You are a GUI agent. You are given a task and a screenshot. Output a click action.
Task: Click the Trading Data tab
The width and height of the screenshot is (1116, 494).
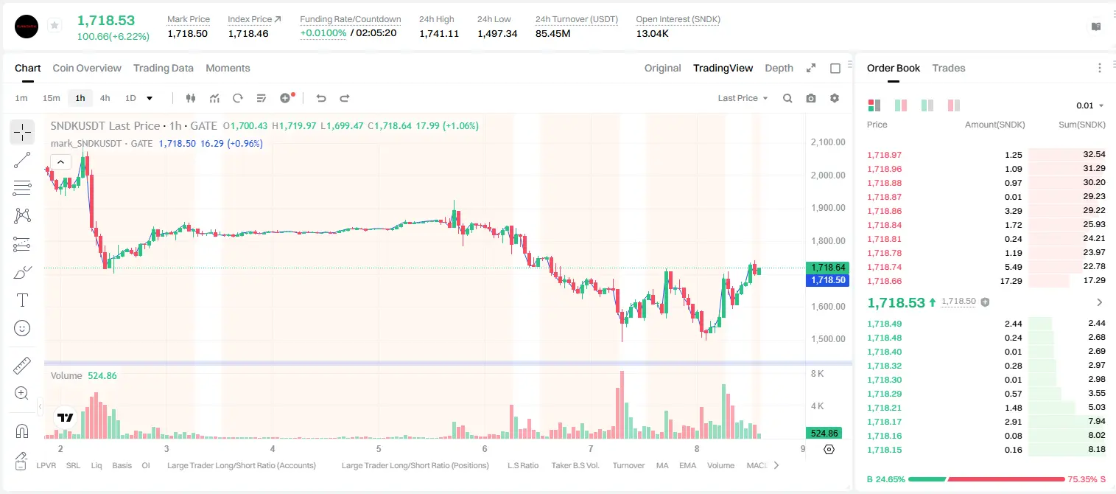click(x=163, y=69)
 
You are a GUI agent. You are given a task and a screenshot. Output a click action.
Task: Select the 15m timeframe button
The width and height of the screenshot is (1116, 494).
click(x=51, y=98)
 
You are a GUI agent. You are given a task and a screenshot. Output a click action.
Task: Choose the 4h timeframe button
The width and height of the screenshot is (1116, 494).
click(x=105, y=98)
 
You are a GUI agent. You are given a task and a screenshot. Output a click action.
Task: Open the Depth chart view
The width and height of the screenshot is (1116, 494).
click(x=779, y=69)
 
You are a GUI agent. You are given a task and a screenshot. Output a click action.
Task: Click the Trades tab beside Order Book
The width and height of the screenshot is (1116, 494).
click(x=949, y=69)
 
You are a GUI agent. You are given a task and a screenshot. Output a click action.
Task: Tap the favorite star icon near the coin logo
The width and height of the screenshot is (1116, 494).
click(x=55, y=25)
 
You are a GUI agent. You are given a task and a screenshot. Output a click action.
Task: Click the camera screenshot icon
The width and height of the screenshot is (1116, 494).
click(x=811, y=98)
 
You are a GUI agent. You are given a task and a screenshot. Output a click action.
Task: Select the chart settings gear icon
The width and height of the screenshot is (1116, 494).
click(x=835, y=98)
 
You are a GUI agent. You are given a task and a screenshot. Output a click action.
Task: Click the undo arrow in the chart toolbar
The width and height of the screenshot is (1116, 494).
click(x=321, y=98)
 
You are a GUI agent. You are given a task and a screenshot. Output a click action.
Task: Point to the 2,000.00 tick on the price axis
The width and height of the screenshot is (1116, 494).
click(x=828, y=175)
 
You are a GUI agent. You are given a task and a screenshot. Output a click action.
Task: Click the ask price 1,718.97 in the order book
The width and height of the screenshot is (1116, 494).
click(x=885, y=155)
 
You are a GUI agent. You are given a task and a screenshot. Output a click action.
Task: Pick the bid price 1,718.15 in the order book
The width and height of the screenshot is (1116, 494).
click(x=885, y=450)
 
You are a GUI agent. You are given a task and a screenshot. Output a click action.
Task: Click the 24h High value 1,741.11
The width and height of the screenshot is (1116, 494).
click(x=439, y=33)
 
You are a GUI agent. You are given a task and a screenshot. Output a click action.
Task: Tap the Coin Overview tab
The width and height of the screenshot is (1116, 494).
click(x=87, y=69)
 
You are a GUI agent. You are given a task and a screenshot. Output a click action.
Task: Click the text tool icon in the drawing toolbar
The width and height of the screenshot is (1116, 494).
click(x=22, y=300)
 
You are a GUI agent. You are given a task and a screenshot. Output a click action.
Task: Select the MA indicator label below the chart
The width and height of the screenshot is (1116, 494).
click(x=662, y=465)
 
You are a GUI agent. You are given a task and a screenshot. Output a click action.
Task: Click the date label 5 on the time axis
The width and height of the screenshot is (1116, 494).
click(x=379, y=448)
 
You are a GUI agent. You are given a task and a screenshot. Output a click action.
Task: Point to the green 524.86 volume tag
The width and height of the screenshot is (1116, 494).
click(x=824, y=434)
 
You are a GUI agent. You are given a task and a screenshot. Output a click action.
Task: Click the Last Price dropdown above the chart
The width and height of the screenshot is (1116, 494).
click(x=743, y=98)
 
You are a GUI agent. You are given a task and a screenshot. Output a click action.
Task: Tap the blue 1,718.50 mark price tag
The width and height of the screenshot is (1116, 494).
click(x=827, y=280)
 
